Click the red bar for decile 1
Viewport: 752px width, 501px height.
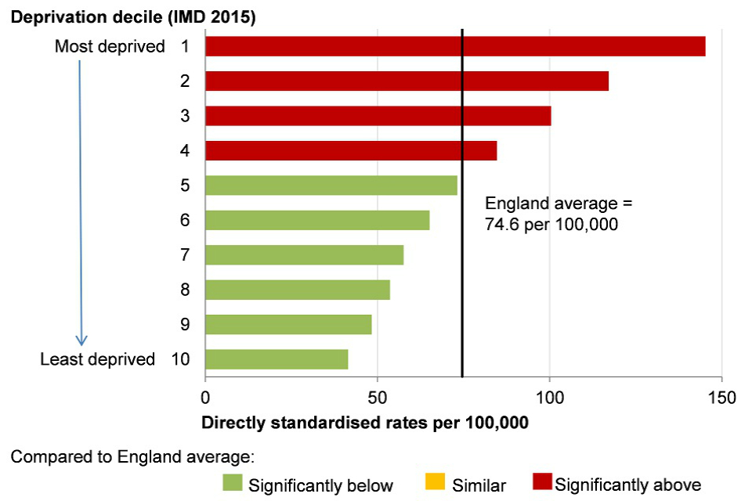pyautogui.click(x=454, y=46)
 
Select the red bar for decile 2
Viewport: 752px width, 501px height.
pyautogui.click(x=407, y=81)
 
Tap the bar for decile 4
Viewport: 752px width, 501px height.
pyautogui.click(x=350, y=150)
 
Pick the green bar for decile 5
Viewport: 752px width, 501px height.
pyautogui.click(x=331, y=185)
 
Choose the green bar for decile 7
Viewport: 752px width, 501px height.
pyautogui.click(x=304, y=254)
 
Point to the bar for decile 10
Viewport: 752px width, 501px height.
pyautogui.click(x=277, y=359)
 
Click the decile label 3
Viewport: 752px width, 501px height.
pyautogui.click(x=185, y=116)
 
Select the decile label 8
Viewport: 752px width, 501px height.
pyautogui.click(x=185, y=290)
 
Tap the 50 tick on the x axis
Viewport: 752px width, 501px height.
pyautogui.click(x=378, y=397)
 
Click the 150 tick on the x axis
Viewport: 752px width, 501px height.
pyautogui.click(x=721, y=397)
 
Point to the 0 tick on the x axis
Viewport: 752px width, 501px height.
pyautogui.click(x=205, y=397)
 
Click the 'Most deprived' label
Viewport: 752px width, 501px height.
pyautogui.click(x=110, y=47)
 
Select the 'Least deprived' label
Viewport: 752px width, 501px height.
pyautogui.click(x=98, y=359)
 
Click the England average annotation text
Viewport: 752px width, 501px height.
pyautogui.click(x=558, y=214)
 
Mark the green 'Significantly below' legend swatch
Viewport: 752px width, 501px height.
pyautogui.click(x=233, y=484)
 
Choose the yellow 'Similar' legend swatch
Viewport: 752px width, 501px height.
pyautogui.click(x=436, y=484)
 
